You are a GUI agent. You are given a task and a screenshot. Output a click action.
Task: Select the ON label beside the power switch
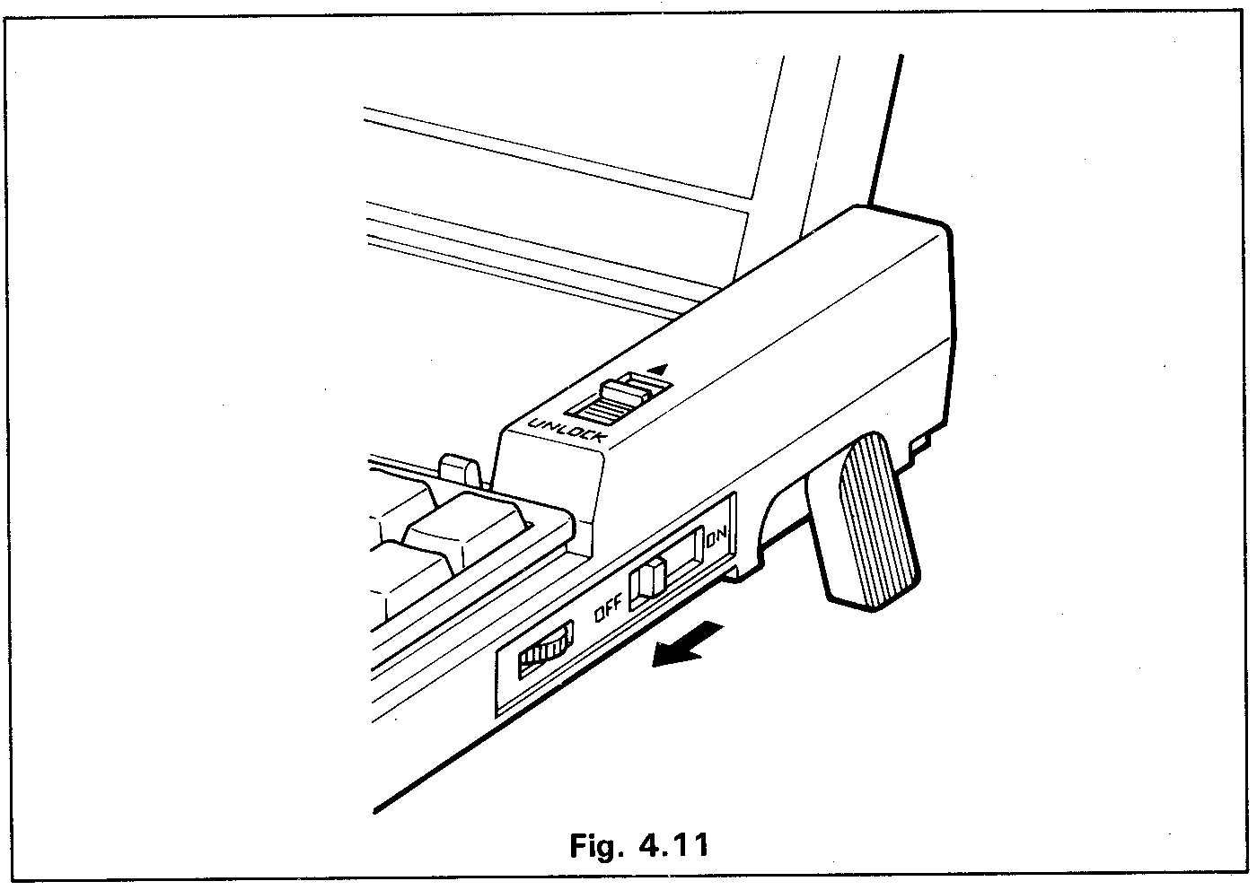(x=718, y=538)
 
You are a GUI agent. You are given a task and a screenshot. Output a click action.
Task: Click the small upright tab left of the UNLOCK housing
(x=460, y=471)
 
